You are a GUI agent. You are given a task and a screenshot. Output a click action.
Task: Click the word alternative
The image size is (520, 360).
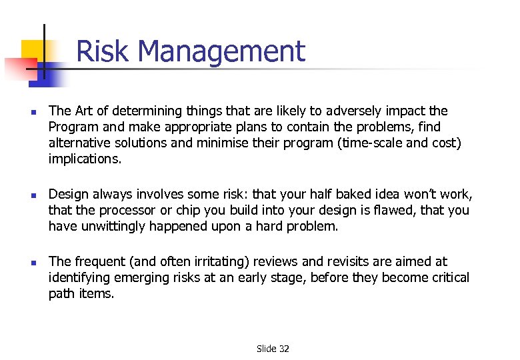tap(80, 143)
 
